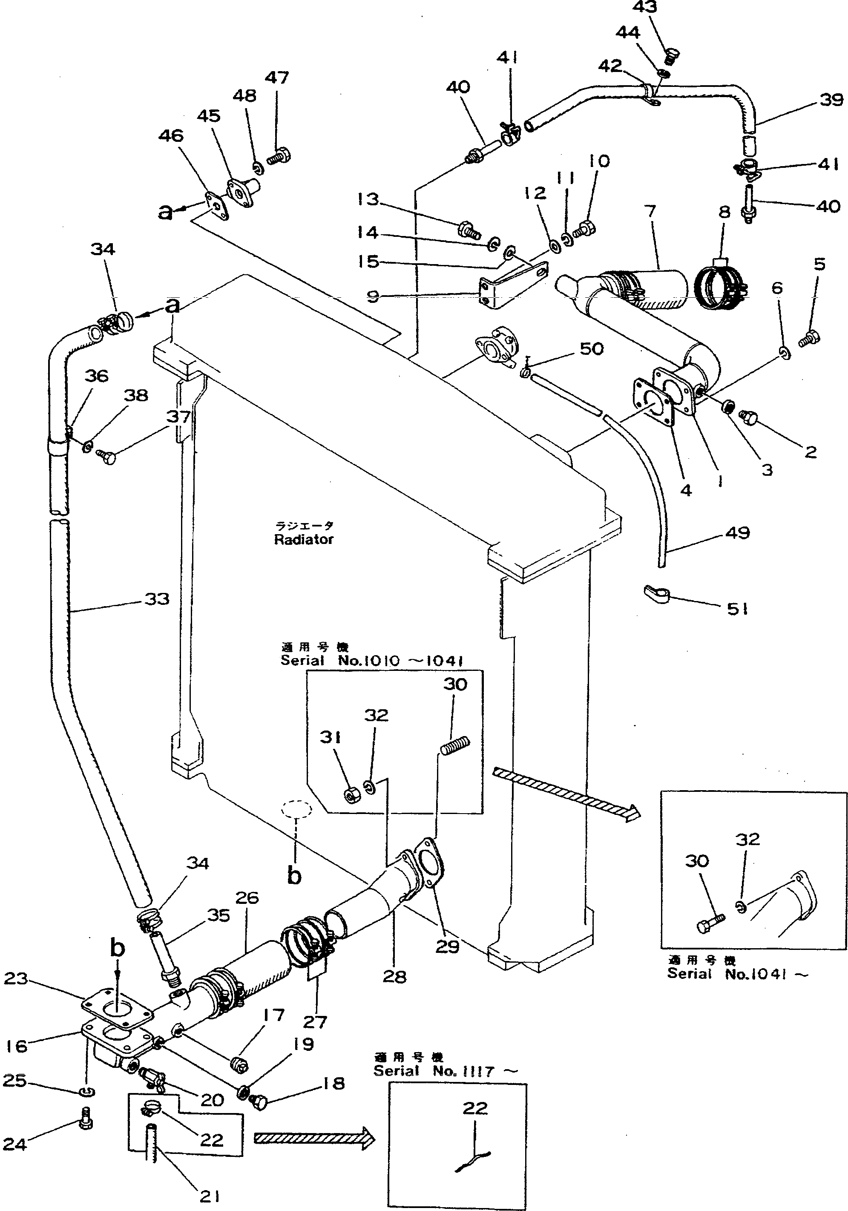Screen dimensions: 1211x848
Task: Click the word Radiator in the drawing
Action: (x=304, y=540)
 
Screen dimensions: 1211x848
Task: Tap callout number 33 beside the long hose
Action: (x=157, y=599)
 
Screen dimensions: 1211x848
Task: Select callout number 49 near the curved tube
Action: (x=737, y=533)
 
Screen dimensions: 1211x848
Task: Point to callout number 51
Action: (x=737, y=610)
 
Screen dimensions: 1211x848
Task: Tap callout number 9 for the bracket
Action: (x=373, y=297)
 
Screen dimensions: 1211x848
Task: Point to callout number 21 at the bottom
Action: (x=210, y=1196)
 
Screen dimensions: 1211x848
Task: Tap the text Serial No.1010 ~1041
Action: (x=372, y=660)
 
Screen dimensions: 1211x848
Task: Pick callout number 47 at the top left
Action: (x=277, y=78)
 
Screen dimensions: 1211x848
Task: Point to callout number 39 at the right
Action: (x=831, y=100)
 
